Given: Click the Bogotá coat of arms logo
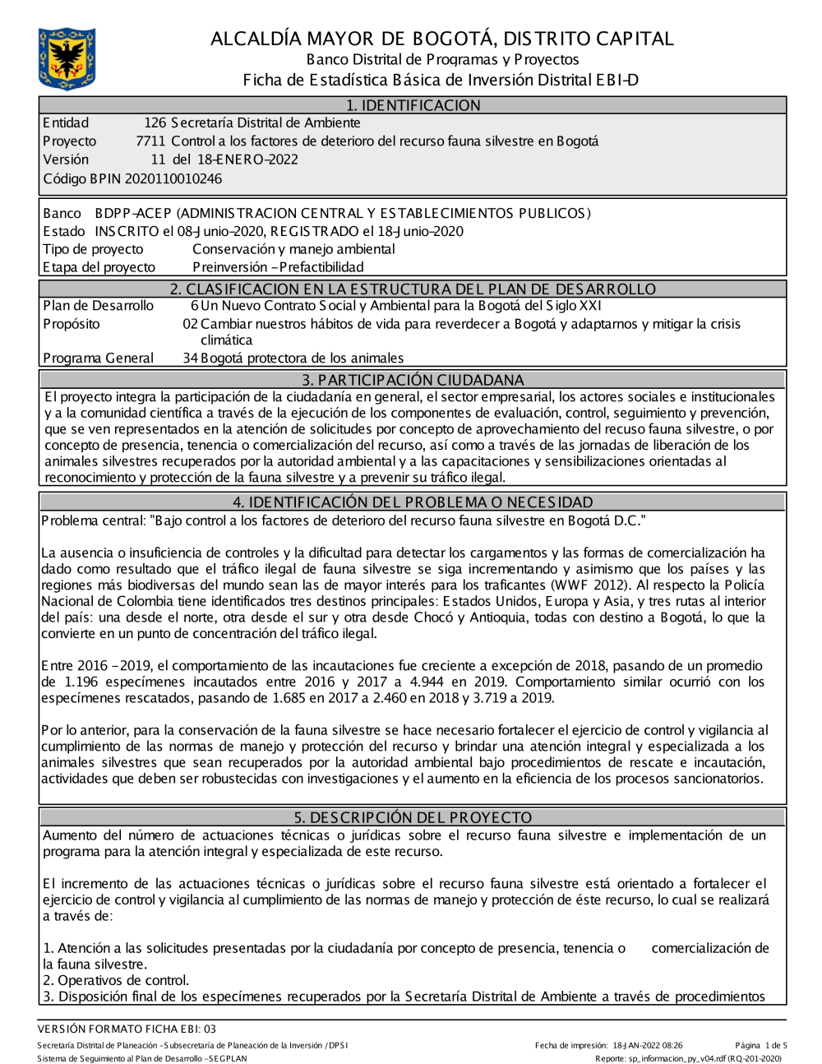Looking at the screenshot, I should coord(67,58).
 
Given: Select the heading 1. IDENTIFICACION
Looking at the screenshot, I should coord(413,105).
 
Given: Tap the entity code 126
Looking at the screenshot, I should coord(155,123).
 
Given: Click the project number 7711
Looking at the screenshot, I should coord(150,141).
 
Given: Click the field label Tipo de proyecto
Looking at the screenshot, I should coord(93,249).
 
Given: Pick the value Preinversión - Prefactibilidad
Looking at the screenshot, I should coord(278,267).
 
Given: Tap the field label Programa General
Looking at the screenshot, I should coord(98,358).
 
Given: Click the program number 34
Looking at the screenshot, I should coord(190,358).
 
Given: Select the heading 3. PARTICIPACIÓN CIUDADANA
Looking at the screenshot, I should coord(413,380).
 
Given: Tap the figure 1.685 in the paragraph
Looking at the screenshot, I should coord(294,698).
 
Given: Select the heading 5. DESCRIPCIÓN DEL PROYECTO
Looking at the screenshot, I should coord(413,817).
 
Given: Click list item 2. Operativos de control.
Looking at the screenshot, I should coord(116,980).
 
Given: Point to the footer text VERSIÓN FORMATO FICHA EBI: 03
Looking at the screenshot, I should coord(127,1029).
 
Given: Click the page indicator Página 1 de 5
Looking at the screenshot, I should coord(761,1046).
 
